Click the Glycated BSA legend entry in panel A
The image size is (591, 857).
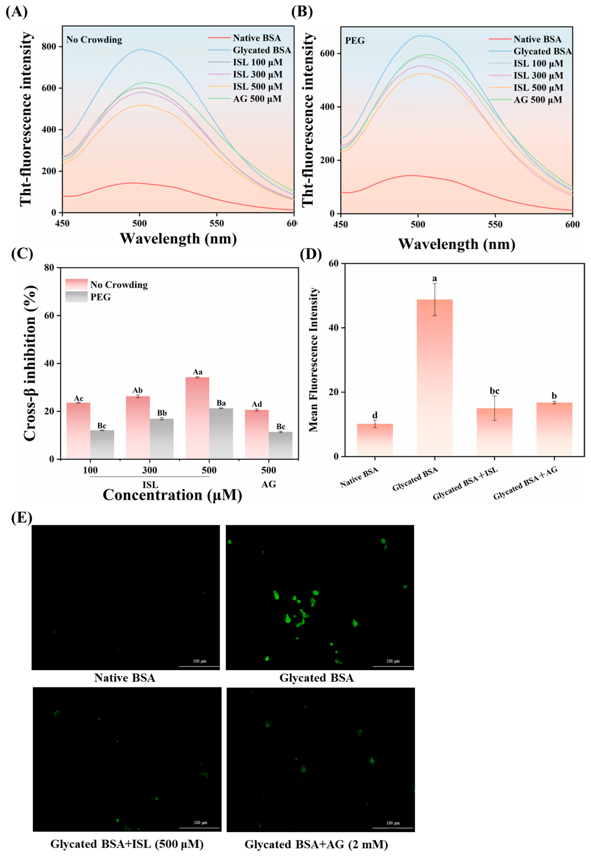tap(250, 50)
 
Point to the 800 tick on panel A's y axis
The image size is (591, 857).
tap(52, 47)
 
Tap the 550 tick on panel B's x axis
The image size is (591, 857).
tap(495, 225)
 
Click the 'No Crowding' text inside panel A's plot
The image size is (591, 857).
tap(94, 40)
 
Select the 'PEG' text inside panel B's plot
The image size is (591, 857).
tap(355, 40)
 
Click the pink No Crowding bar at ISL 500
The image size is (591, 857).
tap(197, 418)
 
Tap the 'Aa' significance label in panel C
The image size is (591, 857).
tap(197, 372)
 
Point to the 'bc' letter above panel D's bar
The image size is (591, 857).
tap(494, 391)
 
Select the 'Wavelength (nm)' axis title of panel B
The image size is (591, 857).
tap(457, 244)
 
